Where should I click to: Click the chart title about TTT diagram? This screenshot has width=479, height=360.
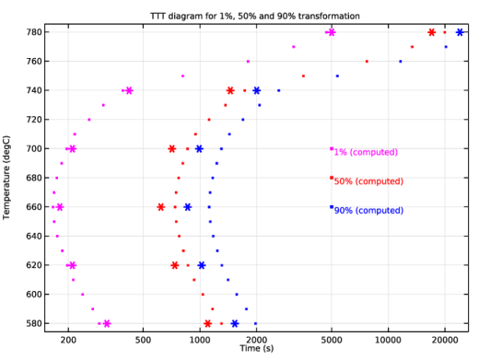click(x=254, y=16)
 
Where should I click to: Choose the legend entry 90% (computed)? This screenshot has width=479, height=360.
click(x=368, y=211)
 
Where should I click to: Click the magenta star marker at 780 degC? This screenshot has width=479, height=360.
click(x=331, y=32)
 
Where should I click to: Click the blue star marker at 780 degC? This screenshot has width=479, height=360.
click(x=460, y=32)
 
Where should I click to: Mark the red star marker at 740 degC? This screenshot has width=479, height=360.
click(x=230, y=90)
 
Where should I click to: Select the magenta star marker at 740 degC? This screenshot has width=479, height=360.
click(x=129, y=90)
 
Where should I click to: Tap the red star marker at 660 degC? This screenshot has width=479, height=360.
click(x=161, y=207)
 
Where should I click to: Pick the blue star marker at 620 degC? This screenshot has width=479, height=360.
click(x=202, y=265)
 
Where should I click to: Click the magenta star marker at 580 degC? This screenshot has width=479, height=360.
click(x=107, y=323)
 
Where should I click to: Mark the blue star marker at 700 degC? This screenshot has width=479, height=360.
click(x=199, y=148)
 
